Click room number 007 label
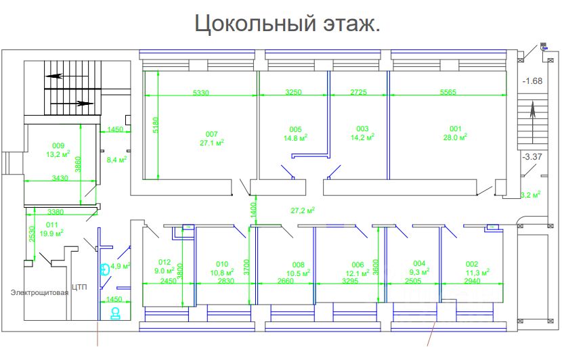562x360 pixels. click(212, 133)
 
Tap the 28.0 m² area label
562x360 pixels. click(456, 137)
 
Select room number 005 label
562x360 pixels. click(295, 129)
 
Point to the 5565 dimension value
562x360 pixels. click(448, 91)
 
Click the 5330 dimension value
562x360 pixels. click(201, 91)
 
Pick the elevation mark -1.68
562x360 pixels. click(532, 81)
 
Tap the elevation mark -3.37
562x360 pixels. click(532, 157)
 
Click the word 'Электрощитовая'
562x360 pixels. click(39, 292)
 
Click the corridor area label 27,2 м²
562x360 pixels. click(304, 210)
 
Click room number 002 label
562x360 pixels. click(472, 264)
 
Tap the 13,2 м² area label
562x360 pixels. click(58, 154)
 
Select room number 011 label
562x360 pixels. click(52, 224)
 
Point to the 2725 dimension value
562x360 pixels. click(359, 91)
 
